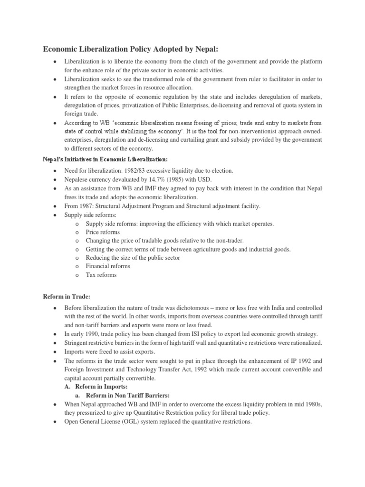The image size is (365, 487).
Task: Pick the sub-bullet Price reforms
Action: tap(103, 232)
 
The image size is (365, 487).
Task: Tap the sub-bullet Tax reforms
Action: tap(101, 275)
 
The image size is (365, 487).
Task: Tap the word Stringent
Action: tap(77, 342)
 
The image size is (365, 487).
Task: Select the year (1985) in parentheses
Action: tap(174, 179)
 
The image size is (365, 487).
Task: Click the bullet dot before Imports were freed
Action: tap(56, 351)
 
